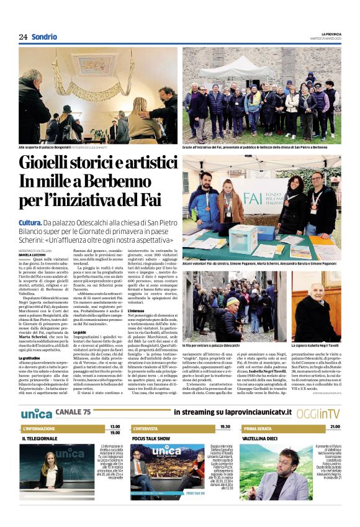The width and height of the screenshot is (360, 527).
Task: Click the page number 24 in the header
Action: click(x=23, y=36)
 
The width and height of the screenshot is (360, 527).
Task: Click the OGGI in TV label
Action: click(x=326, y=413)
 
